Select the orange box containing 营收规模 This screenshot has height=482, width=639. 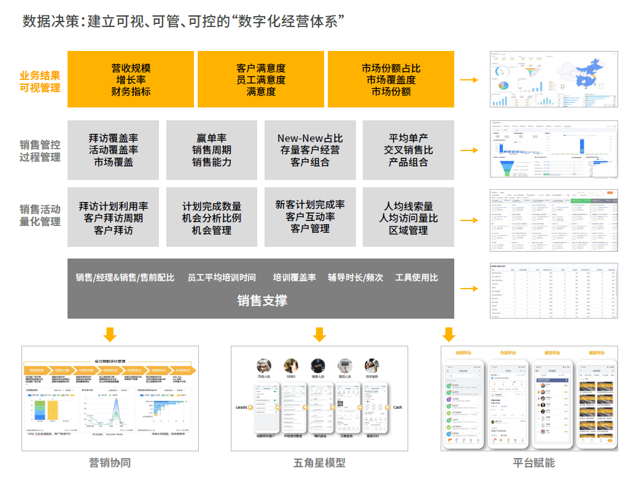click(131, 80)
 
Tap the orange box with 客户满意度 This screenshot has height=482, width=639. click(260, 80)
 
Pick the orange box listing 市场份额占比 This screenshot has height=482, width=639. click(391, 80)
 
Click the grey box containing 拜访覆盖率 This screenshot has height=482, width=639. click(114, 150)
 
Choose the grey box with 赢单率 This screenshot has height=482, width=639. click(212, 150)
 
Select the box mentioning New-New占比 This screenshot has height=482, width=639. click(310, 150)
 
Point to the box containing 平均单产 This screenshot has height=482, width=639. click(408, 150)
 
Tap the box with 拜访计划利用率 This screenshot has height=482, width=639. click(114, 218)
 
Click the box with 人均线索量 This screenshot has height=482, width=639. click(408, 218)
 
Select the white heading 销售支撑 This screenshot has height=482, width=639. click(262, 300)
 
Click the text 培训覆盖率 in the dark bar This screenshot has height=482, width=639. click(295, 278)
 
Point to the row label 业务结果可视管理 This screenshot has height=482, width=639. click(40, 81)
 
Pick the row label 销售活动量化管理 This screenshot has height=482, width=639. click(40, 215)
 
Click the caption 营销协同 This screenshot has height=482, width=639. click(110, 462)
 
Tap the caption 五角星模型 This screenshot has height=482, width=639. click(319, 462)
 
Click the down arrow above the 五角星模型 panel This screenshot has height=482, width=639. click(319, 335)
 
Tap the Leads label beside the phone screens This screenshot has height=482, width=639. click(241, 407)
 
